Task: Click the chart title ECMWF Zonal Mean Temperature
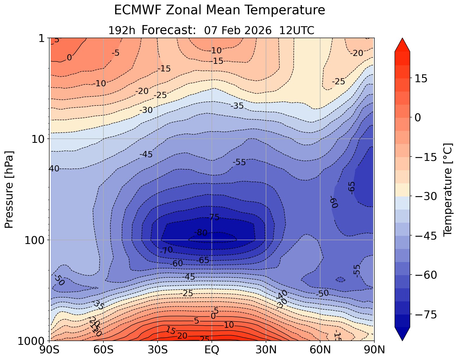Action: [219, 10]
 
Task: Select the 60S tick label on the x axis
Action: [103, 350]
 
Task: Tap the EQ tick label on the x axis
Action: [212, 350]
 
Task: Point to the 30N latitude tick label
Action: [266, 350]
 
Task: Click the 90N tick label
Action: [374, 350]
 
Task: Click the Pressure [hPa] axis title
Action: [9, 189]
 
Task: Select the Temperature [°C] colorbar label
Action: [447, 189]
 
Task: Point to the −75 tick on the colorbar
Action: [424, 315]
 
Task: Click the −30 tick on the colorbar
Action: [424, 196]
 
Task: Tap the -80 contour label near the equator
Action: [201, 233]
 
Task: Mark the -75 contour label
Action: [214, 217]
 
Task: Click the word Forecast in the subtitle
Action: [168, 30]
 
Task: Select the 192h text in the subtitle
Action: [122, 30]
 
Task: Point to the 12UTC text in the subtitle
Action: [297, 30]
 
